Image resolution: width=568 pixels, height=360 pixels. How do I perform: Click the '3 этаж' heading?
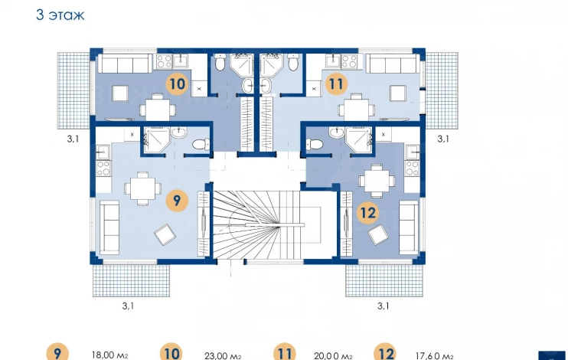pyautogui.click(x=60, y=15)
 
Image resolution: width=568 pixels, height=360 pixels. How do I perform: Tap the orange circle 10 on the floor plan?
pyautogui.click(x=177, y=83)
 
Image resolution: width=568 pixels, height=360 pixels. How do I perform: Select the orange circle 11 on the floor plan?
pyautogui.click(x=336, y=83)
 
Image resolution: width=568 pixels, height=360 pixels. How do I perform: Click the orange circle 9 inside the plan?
pyautogui.click(x=177, y=200)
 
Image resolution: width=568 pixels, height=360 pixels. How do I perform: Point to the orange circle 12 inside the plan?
pyautogui.click(x=368, y=212)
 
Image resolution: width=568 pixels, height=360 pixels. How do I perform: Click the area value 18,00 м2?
pyautogui.click(x=109, y=355)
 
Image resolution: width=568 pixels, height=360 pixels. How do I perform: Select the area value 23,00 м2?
pyautogui.click(x=223, y=356)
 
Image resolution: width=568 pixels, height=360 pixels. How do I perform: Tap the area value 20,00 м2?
pyautogui.click(x=333, y=356)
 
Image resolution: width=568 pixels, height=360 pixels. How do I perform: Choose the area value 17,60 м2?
pyautogui.click(x=434, y=356)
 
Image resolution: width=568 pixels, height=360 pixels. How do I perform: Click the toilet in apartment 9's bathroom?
pyautogui.click(x=201, y=144)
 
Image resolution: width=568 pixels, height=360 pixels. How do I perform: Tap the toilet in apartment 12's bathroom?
pyautogui.click(x=315, y=144)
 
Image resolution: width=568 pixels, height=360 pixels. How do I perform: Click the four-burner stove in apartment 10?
pyautogui.click(x=164, y=61)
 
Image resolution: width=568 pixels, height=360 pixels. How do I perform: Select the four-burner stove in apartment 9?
pyautogui.click(x=103, y=169)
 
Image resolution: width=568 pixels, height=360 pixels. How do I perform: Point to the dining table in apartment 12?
pyautogui.click(x=377, y=181)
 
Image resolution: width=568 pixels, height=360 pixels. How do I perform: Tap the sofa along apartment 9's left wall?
pyautogui.click(x=109, y=227)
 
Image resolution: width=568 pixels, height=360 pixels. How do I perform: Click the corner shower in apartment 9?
pyautogui.click(x=156, y=139)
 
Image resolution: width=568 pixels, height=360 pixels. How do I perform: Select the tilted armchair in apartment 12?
pyautogui.click(x=378, y=235)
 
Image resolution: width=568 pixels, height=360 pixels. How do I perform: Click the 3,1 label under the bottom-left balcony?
pyautogui.click(x=128, y=306)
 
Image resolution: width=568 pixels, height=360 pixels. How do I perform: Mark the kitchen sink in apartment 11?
pyautogui.click(x=332, y=61)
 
